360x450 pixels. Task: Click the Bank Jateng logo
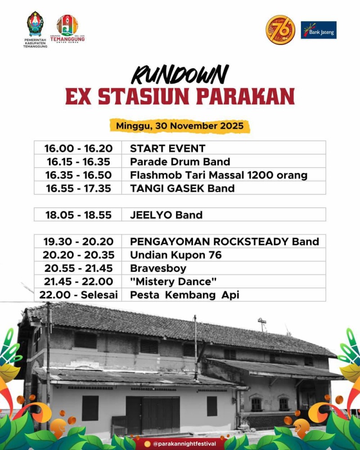[x=319, y=30]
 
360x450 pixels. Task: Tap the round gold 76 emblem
[x=280, y=30]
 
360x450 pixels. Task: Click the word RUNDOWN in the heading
[x=180, y=75]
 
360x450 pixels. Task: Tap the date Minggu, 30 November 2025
[x=180, y=126]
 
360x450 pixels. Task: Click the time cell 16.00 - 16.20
[x=78, y=148]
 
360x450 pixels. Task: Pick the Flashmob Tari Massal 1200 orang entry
[x=219, y=175]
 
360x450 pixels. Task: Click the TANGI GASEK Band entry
[x=182, y=188]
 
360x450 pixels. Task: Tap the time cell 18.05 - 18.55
[x=78, y=215]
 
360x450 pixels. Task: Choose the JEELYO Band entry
[x=166, y=215]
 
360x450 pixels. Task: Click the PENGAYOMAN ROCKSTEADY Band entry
[x=225, y=242]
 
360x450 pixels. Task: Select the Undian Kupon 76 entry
[x=175, y=255]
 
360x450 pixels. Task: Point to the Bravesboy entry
[x=158, y=268]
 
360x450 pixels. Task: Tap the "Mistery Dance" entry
[x=173, y=282]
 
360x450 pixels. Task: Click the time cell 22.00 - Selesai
[x=78, y=295]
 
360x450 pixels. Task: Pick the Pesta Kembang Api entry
[x=184, y=295]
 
